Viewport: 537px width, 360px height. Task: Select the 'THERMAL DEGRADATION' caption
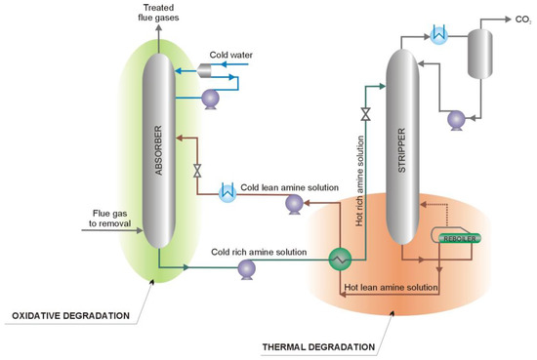tap(320, 347)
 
